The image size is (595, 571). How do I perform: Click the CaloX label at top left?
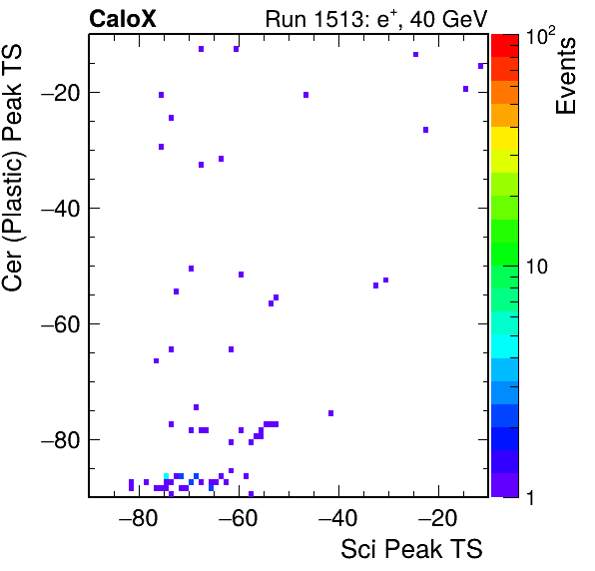[x=123, y=19]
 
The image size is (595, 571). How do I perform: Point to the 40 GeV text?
[x=448, y=19]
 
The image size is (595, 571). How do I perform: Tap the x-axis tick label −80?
[x=138, y=518]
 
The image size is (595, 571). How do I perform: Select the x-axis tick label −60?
[x=238, y=518]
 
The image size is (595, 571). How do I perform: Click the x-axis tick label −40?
[x=337, y=518]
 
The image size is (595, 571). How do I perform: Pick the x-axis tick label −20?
[x=437, y=518]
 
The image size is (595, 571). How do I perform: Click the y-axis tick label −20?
[x=60, y=92]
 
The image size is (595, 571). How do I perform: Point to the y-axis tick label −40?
[x=60, y=208]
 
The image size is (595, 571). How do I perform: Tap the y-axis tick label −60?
[x=60, y=323]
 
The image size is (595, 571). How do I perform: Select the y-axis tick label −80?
[x=60, y=439]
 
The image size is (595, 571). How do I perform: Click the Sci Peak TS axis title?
[x=411, y=549]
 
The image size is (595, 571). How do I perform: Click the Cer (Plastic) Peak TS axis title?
[x=12, y=168]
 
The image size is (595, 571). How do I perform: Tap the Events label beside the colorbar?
[x=565, y=76]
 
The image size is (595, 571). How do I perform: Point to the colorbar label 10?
[x=537, y=267]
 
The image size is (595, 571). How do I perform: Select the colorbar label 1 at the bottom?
[x=531, y=498]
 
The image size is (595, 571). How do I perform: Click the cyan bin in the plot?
[x=166, y=476]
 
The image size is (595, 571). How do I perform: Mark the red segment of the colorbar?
[x=505, y=46]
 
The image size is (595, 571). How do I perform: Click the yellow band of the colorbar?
[x=505, y=138]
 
